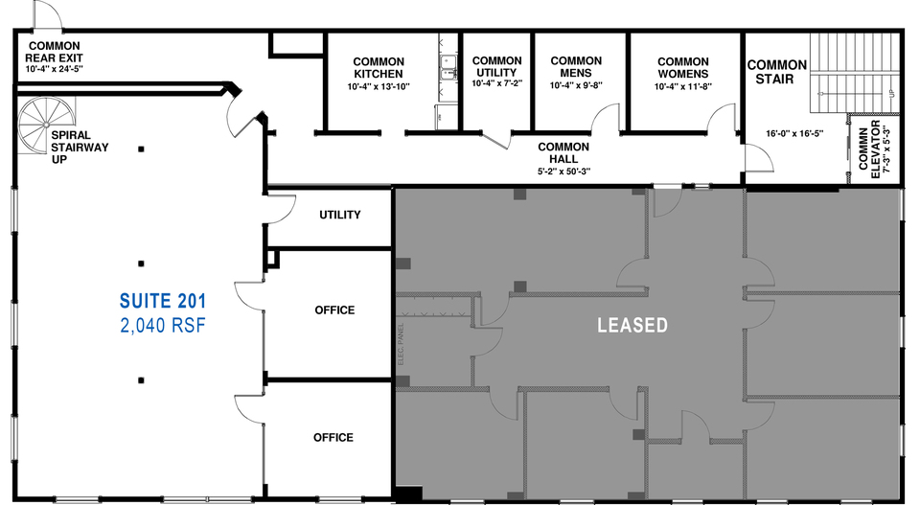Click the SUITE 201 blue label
(163, 301)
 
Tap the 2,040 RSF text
(163, 325)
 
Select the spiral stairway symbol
(46, 125)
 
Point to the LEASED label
(632, 325)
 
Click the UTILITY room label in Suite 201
(339, 215)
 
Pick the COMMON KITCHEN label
(379, 67)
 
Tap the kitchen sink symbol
(449, 66)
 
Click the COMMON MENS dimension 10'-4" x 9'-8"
(576, 85)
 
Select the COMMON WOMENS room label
(683, 67)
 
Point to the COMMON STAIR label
(777, 72)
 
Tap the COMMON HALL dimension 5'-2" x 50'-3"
(563, 172)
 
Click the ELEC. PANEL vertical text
(401, 344)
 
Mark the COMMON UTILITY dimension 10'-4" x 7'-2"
(497, 83)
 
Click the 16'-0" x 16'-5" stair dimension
(794, 133)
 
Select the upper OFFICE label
(334, 310)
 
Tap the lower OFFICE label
(333, 438)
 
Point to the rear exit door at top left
(48, 13)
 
